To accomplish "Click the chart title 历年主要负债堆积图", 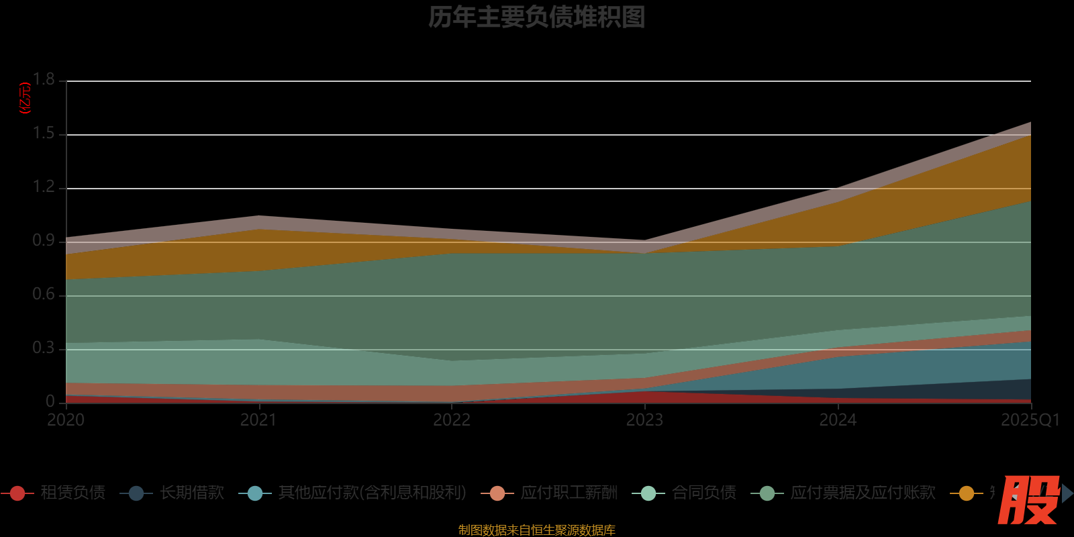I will click(x=536, y=17).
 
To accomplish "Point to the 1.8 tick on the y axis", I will click(x=44, y=80).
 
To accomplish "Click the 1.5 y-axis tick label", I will click(x=44, y=134).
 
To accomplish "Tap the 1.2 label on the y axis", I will click(x=44, y=187).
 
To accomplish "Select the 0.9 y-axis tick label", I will click(x=44, y=241).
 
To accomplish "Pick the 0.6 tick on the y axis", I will click(x=44, y=295).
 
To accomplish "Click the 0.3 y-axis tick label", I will click(x=44, y=348).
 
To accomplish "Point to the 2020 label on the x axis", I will click(x=66, y=420).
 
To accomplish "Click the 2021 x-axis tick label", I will click(x=258, y=420).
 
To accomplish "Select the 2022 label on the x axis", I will click(x=452, y=420).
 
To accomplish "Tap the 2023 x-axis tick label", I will click(x=644, y=420).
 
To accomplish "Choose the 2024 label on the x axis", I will click(x=838, y=420).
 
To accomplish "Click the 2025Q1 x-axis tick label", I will click(x=1030, y=420).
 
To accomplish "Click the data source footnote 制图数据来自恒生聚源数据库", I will click(x=536, y=530).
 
